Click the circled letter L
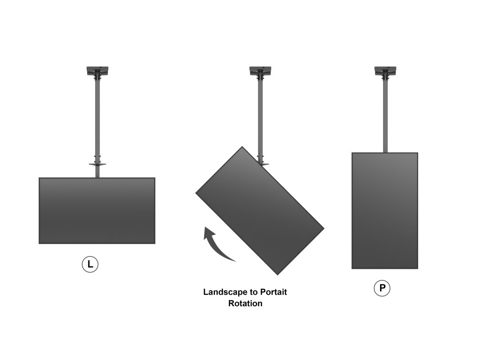(90, 265)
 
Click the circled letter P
(382, 289)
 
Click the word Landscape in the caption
(224, 292)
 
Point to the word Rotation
(245, 304)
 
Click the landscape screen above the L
(97, 211)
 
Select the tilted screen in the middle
(260, 210)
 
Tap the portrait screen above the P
(385, 211)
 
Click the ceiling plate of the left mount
(97, 70)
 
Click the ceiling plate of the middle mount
(260, 70)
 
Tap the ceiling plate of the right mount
(385, 70)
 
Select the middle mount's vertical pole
(260, 116)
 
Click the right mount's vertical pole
(385, 116)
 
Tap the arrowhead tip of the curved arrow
(206, 228)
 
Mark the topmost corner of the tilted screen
(242, 147)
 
